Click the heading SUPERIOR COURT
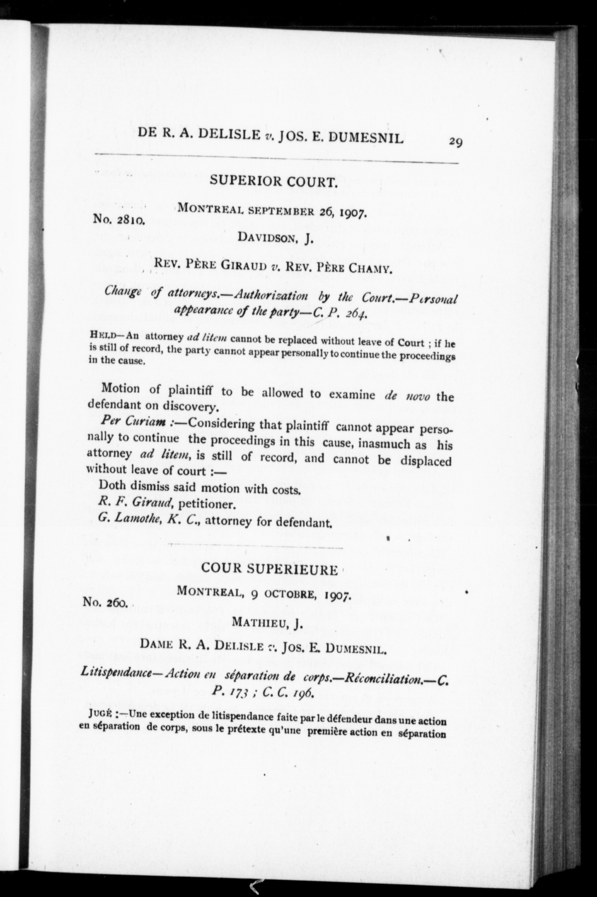tap(274, 181)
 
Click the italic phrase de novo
tap(408, 396)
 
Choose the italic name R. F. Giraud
tap(136, 503)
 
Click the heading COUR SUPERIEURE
tap(269, 569)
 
